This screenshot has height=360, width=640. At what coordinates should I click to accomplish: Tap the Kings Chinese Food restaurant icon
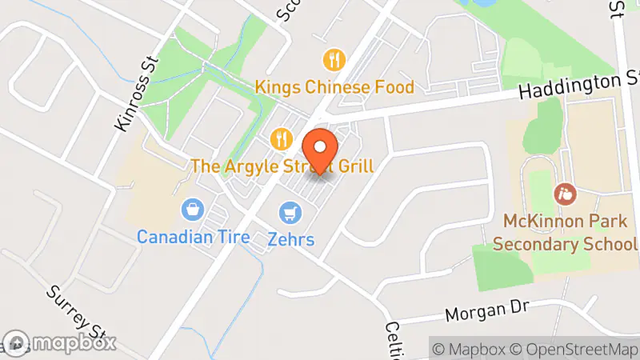(334, 59)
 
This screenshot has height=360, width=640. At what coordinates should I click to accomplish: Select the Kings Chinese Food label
(334, 86)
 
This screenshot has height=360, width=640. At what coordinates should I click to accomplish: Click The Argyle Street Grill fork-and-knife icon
(280, 139)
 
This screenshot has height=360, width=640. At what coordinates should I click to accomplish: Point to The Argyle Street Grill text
(282, 166)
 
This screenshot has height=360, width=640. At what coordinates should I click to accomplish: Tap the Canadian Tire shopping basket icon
(192, 210)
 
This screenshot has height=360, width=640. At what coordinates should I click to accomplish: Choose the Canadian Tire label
(193, 237)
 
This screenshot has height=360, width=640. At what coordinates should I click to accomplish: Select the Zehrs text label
(291, 238)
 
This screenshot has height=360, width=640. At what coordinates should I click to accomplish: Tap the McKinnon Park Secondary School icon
(564, 193)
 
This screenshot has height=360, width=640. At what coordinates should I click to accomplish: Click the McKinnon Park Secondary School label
(564, 231)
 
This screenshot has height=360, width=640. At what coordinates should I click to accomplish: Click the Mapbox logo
(59, 342)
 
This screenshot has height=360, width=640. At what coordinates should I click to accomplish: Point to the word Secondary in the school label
(538, 243)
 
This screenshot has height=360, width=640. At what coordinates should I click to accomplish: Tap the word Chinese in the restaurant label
(332, 86)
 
